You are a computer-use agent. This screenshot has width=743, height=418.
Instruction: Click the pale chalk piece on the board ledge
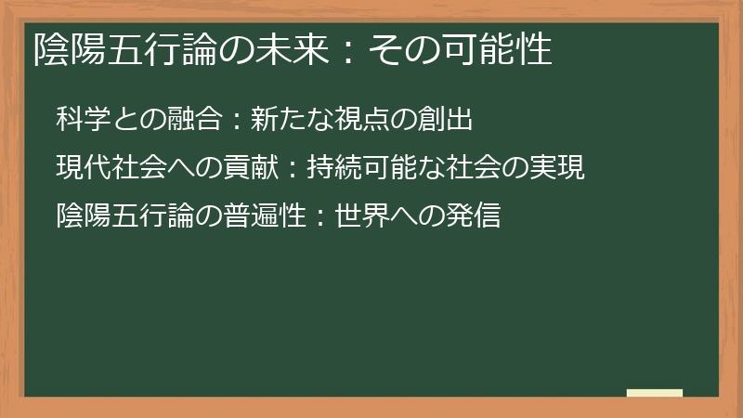655,393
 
